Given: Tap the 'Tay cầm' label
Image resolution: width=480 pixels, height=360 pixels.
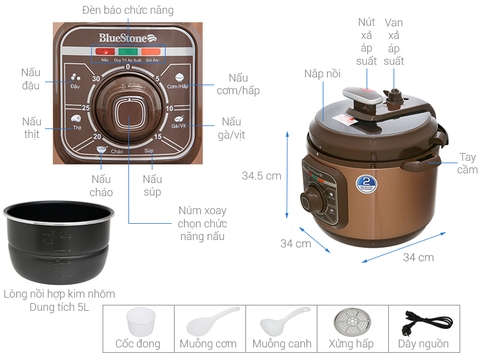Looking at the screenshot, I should [x=464, y=164].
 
